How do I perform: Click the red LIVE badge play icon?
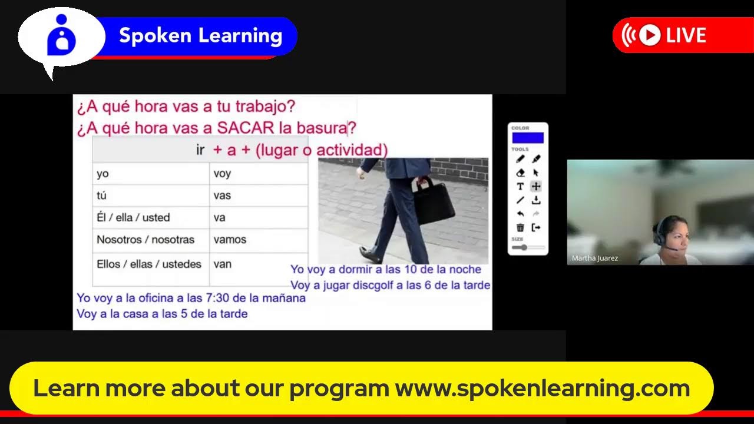click(x=649, y=35)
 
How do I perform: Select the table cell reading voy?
click(x=222, y=174)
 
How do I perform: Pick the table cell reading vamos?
click(x=230, y=240)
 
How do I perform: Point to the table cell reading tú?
click(x=101, y=196)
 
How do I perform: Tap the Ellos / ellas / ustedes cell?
click(x=149, y=264)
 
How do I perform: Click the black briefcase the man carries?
click(x=435, y=201)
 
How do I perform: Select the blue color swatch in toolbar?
click(x=528, y=138)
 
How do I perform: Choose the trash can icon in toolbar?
click(x=520, y=228)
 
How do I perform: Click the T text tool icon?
click(x=520, y=186)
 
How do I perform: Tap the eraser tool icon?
click(x=520, y=173)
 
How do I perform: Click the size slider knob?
click(x=524, y=247)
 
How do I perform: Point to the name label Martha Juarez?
click(x=594, y=259)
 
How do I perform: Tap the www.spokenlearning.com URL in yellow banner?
click(x=542, y=389)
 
